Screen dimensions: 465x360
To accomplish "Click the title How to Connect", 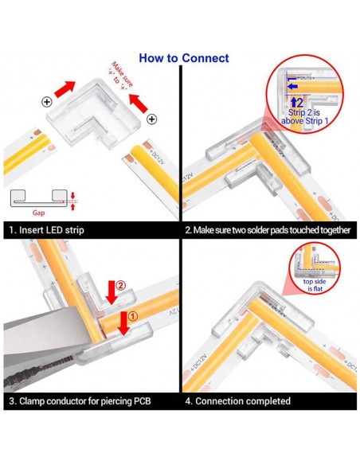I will (x=183, y=58).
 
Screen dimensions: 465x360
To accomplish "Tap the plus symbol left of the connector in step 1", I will (x=47, y=103).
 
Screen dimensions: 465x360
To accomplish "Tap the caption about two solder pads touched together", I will (x=266, y=230).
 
